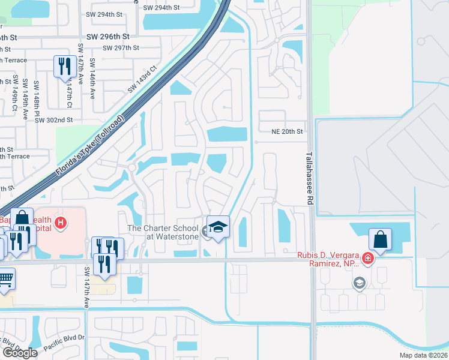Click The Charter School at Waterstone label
click(x=163, y=232)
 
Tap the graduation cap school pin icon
click(x=218, y=227)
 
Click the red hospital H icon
click(x=60, y=224)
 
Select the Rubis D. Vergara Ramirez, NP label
click(x=330, y=260)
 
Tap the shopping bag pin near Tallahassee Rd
click(x=380, y=239)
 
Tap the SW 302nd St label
click(x=53, y=120)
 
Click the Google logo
click(x=20, y=353)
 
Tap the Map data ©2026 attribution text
click(x=423, y=355)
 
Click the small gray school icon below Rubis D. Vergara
click(x=359, y=283)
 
